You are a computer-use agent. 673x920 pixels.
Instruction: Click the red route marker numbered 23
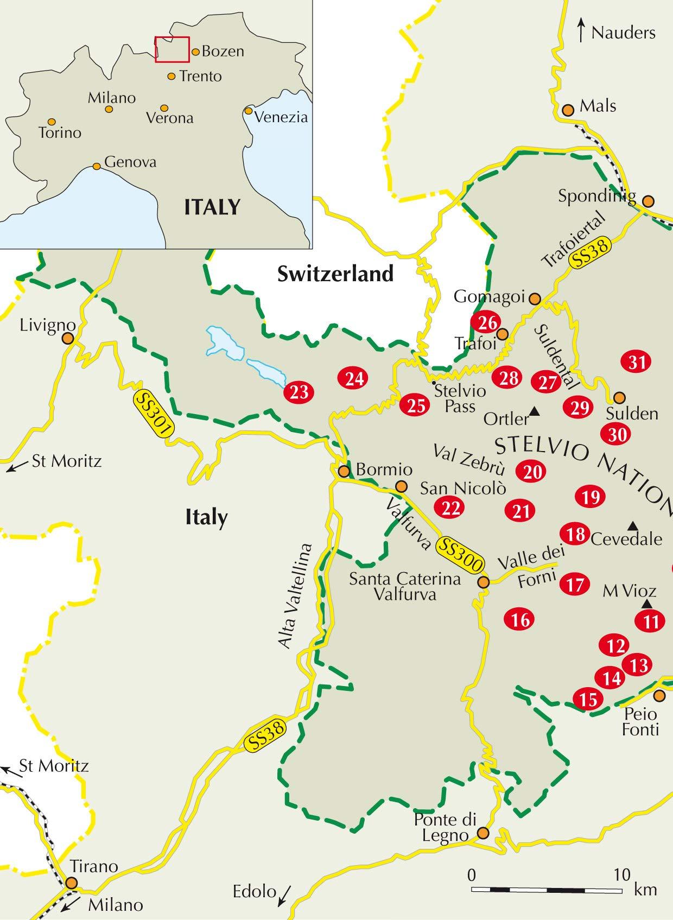point(299,391)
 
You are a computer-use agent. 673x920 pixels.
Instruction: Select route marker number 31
point(637,361)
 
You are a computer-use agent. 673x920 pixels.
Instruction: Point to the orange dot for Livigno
point(68,339)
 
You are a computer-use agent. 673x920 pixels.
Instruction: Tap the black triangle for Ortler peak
point(535,412)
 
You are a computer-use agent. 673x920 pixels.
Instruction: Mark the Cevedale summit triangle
point(632,525)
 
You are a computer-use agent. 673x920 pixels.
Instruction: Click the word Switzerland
point(335,274)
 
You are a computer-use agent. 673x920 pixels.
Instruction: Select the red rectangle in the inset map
point(172,49)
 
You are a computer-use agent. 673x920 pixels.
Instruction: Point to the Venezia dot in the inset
point(248,111)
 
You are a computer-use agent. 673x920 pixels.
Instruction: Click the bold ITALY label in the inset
point(212,207)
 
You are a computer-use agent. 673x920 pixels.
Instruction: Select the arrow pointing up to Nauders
point(581,30)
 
